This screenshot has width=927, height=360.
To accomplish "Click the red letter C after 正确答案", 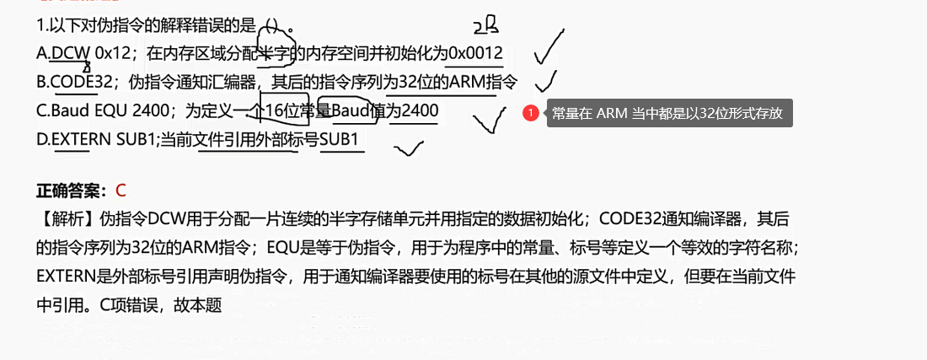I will (x=121, y=191).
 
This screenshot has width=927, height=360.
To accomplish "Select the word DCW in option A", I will (x=70, y=54).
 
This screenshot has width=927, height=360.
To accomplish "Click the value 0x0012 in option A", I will (x=475, y=54).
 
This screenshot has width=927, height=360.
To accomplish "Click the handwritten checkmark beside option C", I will (x=489, y=120).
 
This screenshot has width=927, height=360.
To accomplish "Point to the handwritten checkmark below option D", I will (x=409, y=150).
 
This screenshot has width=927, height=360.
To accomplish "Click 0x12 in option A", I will (x=113, y=54).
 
